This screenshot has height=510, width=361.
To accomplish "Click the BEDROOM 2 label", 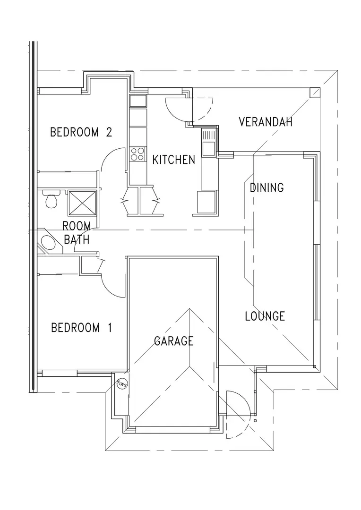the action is (81, 132).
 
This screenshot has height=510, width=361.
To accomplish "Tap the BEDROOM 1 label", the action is (81, 328).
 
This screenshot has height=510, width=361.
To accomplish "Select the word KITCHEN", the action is (174, 160).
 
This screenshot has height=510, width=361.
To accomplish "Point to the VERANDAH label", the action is (265, 122).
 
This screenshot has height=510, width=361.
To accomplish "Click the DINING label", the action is (266, 187).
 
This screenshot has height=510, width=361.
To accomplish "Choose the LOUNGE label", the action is (265, 316).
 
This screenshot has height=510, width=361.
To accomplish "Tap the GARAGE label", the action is (173, 341).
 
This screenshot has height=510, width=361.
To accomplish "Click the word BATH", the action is (77, 240).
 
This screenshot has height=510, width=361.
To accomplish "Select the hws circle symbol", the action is (122, 383).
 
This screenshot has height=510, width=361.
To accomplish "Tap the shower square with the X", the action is (82, 203).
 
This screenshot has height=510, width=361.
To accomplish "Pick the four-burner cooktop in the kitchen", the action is (137, 154).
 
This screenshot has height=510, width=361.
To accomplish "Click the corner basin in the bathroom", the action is (49, 244).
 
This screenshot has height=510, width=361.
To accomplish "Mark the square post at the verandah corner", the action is (314, 93).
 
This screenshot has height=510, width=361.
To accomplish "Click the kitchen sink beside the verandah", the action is (208, 142).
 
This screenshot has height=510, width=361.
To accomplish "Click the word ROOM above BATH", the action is (77, 226).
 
